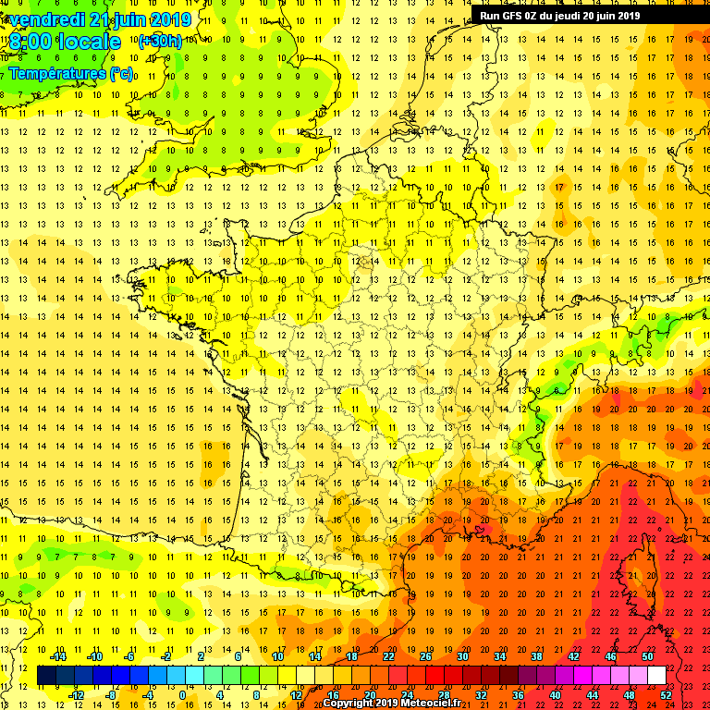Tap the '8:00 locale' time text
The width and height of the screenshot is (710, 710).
click(66, 42)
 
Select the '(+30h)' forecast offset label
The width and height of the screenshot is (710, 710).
click(160, 41)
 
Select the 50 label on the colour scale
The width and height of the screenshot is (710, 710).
click(647, 655)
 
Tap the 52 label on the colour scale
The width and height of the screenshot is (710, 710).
click(666, 694)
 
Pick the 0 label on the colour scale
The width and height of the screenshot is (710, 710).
click(181, 694)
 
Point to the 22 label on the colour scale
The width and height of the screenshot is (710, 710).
click(388, 655)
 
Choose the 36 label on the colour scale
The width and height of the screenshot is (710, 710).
click(518, 694)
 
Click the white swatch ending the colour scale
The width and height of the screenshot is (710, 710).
click(656, 676)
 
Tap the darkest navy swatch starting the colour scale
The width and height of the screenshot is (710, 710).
click(46, 676)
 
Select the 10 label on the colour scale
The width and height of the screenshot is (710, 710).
click(277, 655)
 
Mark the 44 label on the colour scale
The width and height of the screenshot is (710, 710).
click(592, 694)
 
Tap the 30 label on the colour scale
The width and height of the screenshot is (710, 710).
click(462, 655)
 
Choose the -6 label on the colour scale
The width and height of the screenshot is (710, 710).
click(130, 655)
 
